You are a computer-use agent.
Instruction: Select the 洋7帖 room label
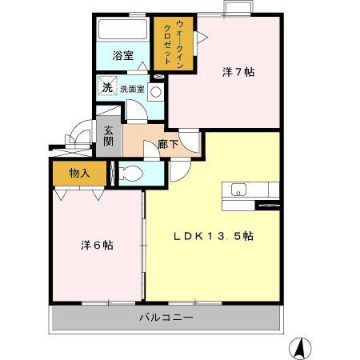pyautogui.click(x=238, y=72)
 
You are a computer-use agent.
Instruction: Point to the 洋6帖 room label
pyautogui.click(x=96, y=245)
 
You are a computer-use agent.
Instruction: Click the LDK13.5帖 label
pyautogui.click(x=214, y=236)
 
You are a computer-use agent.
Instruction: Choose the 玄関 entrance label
pyautogui.click(x=107, y=138)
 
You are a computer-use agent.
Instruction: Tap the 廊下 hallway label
pyautogui.click(x=167, y=145)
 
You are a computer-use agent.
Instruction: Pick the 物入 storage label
pyautogui.click(x=78, y=172)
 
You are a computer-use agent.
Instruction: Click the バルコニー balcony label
pyautogui.click(x=166, y=318)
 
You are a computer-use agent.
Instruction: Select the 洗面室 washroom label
pyautogui.click(x=132, y=89)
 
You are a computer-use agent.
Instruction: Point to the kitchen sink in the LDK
pyautogui.click(x=238, y=190)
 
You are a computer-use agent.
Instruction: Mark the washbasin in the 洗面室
pyautogui.click(x=156, y=91)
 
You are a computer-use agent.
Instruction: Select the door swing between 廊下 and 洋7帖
pyautogui.click(x=188, y=142)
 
